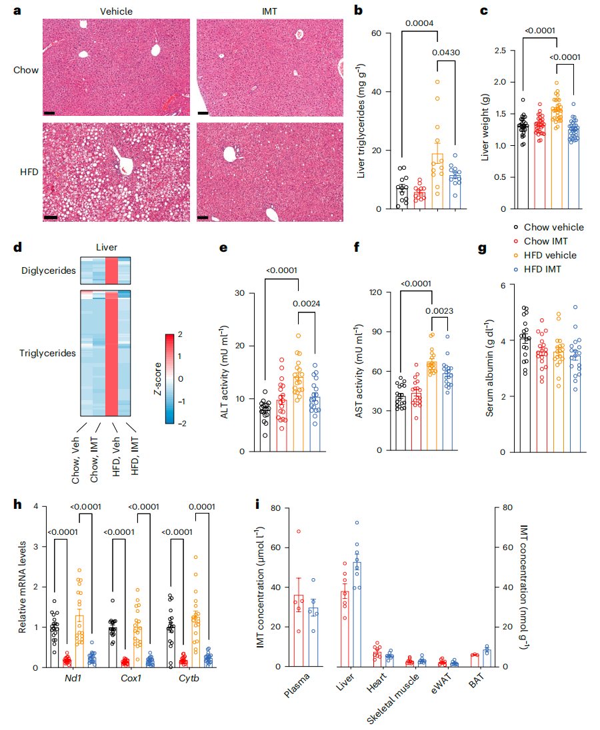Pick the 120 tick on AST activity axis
point(381,292)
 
